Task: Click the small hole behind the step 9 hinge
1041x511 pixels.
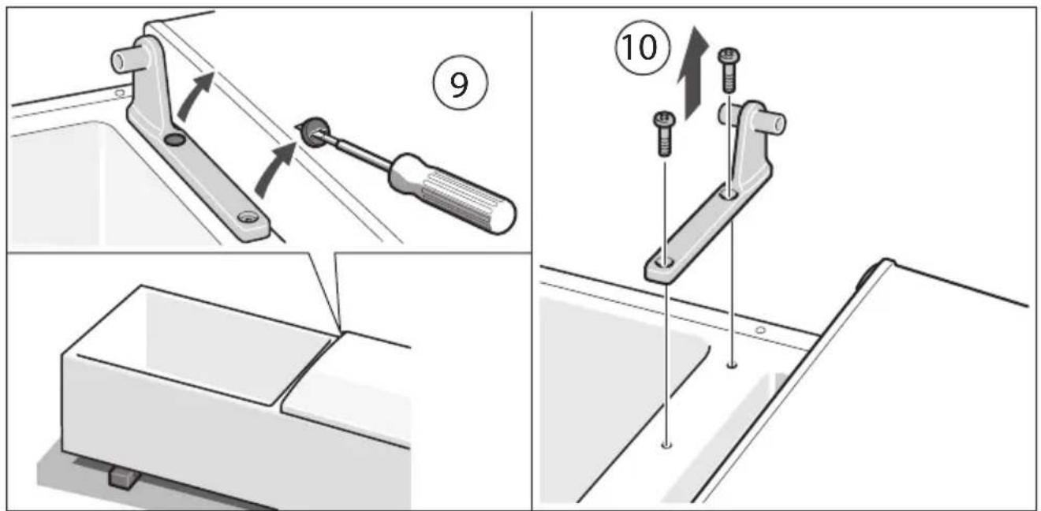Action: pos(118,92)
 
